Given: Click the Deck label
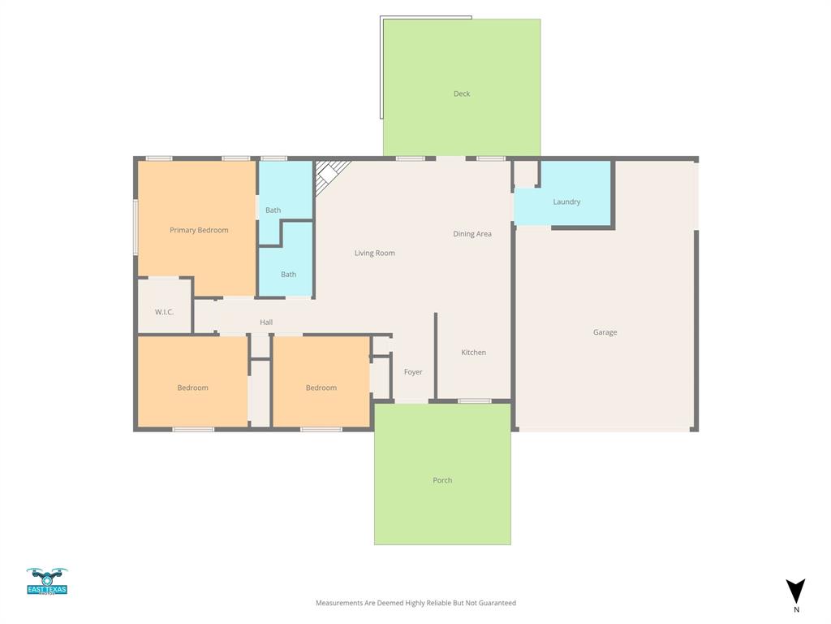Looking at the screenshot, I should pos(462,93).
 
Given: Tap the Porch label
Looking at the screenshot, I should pos(442,480).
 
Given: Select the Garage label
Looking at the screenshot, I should pos(605,332).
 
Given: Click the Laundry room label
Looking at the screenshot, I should pos(566,201).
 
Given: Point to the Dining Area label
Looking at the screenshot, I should pos(472,234).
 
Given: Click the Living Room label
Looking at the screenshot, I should pos(375,253).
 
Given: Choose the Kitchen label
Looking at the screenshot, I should pos(474,353).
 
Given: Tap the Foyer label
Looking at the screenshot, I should pos(413,372).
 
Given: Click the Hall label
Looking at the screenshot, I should pos(266,323).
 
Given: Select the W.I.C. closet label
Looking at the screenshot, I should pos(164,312).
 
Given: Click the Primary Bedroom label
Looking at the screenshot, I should pos(199,230).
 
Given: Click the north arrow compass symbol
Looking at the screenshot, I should pos(796,591).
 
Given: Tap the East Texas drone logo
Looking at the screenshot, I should pos(47,581).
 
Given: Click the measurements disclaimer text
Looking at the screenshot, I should pos(415,603).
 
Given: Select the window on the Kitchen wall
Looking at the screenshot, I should pos(474,401).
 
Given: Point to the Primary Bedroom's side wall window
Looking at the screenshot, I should pos(136,227).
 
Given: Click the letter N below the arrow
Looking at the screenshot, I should pos(796,609).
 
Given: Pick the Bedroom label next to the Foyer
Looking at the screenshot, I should pos(321,388).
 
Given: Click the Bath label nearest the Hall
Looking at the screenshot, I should pos(288,275).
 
